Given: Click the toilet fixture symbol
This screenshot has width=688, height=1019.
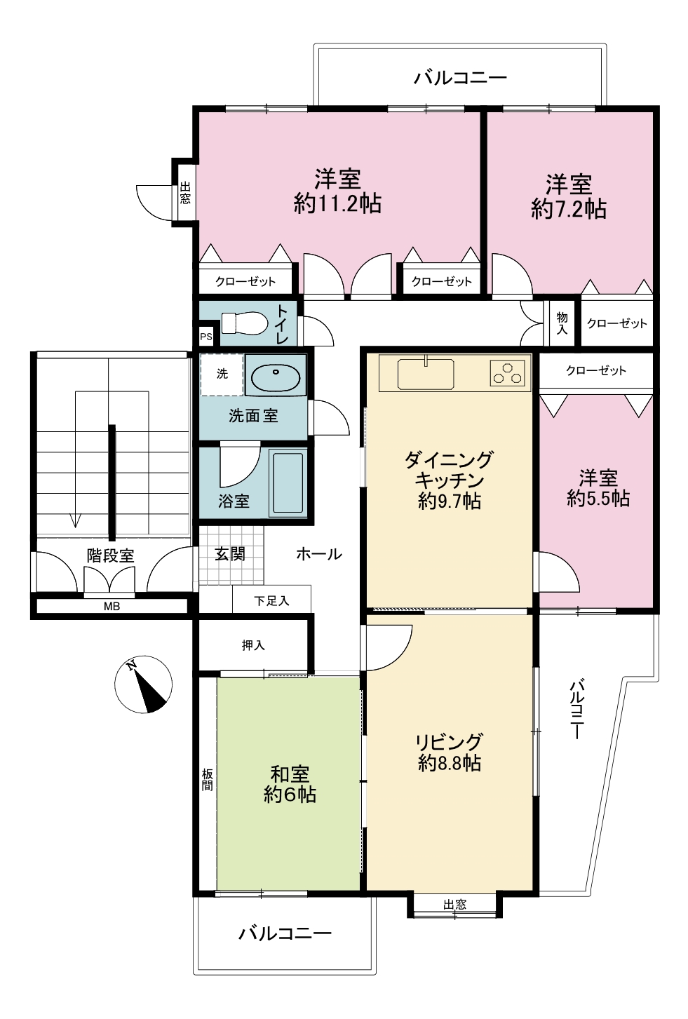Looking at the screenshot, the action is [244, 323].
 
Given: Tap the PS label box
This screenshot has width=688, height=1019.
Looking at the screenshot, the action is [206, 337].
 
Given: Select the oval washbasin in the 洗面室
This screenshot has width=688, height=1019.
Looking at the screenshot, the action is [276, 377].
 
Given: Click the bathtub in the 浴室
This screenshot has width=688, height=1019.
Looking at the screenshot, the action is [287, 483].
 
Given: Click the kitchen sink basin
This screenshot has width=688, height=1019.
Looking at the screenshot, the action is [426, 374].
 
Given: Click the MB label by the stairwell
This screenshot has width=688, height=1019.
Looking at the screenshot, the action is [112, 607].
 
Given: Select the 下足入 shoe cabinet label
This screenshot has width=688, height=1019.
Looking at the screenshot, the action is [271, 601].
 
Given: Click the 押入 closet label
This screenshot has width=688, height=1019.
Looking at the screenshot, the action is [253, 645].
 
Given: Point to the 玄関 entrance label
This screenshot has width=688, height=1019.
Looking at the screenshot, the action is [230, 554].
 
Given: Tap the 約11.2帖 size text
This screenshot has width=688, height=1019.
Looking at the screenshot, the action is [337, 203].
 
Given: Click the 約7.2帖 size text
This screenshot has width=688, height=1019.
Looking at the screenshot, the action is [569, 209].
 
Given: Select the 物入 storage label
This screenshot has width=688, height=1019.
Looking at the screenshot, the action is [562, 323].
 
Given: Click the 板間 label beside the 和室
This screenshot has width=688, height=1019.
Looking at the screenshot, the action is [208, 779].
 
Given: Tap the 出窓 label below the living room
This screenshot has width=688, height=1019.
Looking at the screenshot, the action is [455, 905].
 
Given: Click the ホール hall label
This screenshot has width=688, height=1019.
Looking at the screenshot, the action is [319, 554].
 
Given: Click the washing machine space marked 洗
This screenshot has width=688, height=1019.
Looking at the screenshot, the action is [222, 374].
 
